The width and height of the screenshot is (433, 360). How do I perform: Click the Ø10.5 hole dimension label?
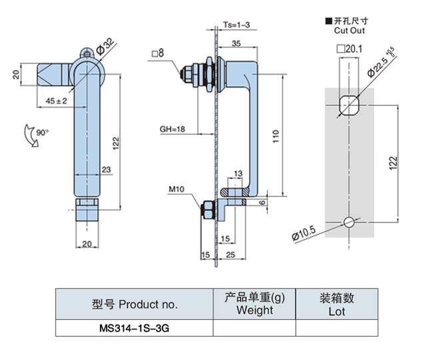(x=303, y=233)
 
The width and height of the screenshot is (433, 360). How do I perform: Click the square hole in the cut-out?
(x=349, y=105)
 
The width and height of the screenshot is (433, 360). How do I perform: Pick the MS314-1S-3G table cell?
(x=134, y=328)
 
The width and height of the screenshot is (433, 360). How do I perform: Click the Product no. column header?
(x=135, y=304)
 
